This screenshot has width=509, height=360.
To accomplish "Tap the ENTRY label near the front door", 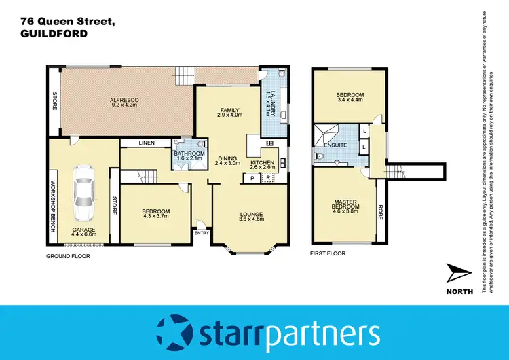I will pyautogui.click(x=202, y=233).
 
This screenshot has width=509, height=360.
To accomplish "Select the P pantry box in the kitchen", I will pyautogui.click(x=252, y=178).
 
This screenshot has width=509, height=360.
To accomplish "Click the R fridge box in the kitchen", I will pyautogui.click(x=268, y=178).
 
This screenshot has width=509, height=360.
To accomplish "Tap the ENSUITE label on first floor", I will pyautogui.click(x=335, y=145).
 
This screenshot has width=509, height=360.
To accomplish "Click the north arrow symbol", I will pyautogui.click(x=457, y=275).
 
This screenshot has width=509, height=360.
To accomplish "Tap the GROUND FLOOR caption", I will pyautogui.click(x=67, y=256).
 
